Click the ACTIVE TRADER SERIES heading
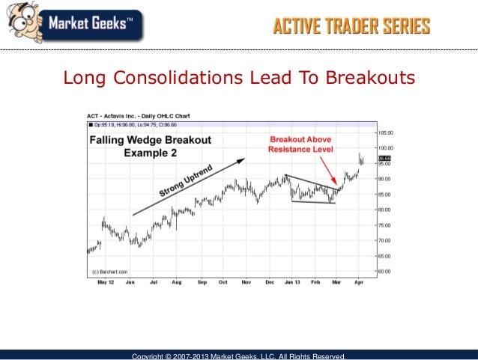(x=351, y=28)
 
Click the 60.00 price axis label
(x=386, y=271)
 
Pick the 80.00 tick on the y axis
(x=386, y=210)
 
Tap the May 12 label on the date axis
(x=106, y=284)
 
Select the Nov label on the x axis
(x=246, y=284)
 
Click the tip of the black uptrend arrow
(x=243, y=159)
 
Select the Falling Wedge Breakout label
(x=151, y=140)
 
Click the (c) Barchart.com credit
(x=109, y=271)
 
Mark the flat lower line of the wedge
(x=312, y=203)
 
